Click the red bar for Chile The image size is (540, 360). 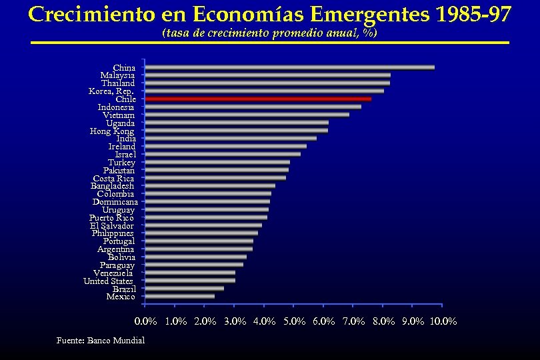coord(258,99)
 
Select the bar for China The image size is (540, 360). coord(289,67)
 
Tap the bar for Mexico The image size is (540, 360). coord(179,297)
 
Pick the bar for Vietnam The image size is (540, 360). coord(247,115)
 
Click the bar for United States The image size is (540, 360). coord(190,281)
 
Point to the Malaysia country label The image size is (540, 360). coord(117,75)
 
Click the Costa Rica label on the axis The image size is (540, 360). coord(113,178)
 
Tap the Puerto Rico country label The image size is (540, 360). coord(111,217)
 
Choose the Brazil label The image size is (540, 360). coord(124,289)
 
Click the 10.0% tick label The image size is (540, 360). coord(443,321)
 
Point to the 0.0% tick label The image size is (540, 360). coord(146,321)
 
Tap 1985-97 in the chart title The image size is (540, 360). coord(472,14)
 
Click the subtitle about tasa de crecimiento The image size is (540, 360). coord(269,33)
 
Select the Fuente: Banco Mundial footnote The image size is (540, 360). coord(101,341)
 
